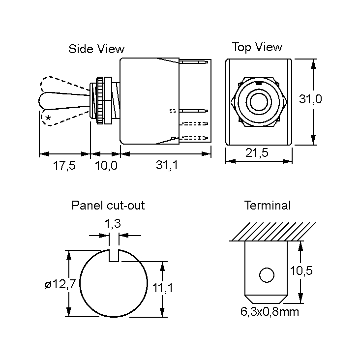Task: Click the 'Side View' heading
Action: (x=96, y=49)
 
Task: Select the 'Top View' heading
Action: (x=257, y=47)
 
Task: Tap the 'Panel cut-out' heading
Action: (x=108, y=205)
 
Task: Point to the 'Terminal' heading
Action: (x=268, y=205)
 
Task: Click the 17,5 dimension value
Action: (x=64, y=166)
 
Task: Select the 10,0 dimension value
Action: (x=106, y=166)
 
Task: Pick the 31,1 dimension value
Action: (x=167, y=166)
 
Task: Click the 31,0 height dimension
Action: (x=310, y=99)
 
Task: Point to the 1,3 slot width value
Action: (x=113, y=224)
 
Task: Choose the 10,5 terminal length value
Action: (x=301, y=270)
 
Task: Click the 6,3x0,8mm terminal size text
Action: (x=269, y=312)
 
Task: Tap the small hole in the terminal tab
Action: (x=267, y=275)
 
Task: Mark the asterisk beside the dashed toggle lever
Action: (x=48, y=118)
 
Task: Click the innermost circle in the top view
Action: (x=258, y=102)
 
